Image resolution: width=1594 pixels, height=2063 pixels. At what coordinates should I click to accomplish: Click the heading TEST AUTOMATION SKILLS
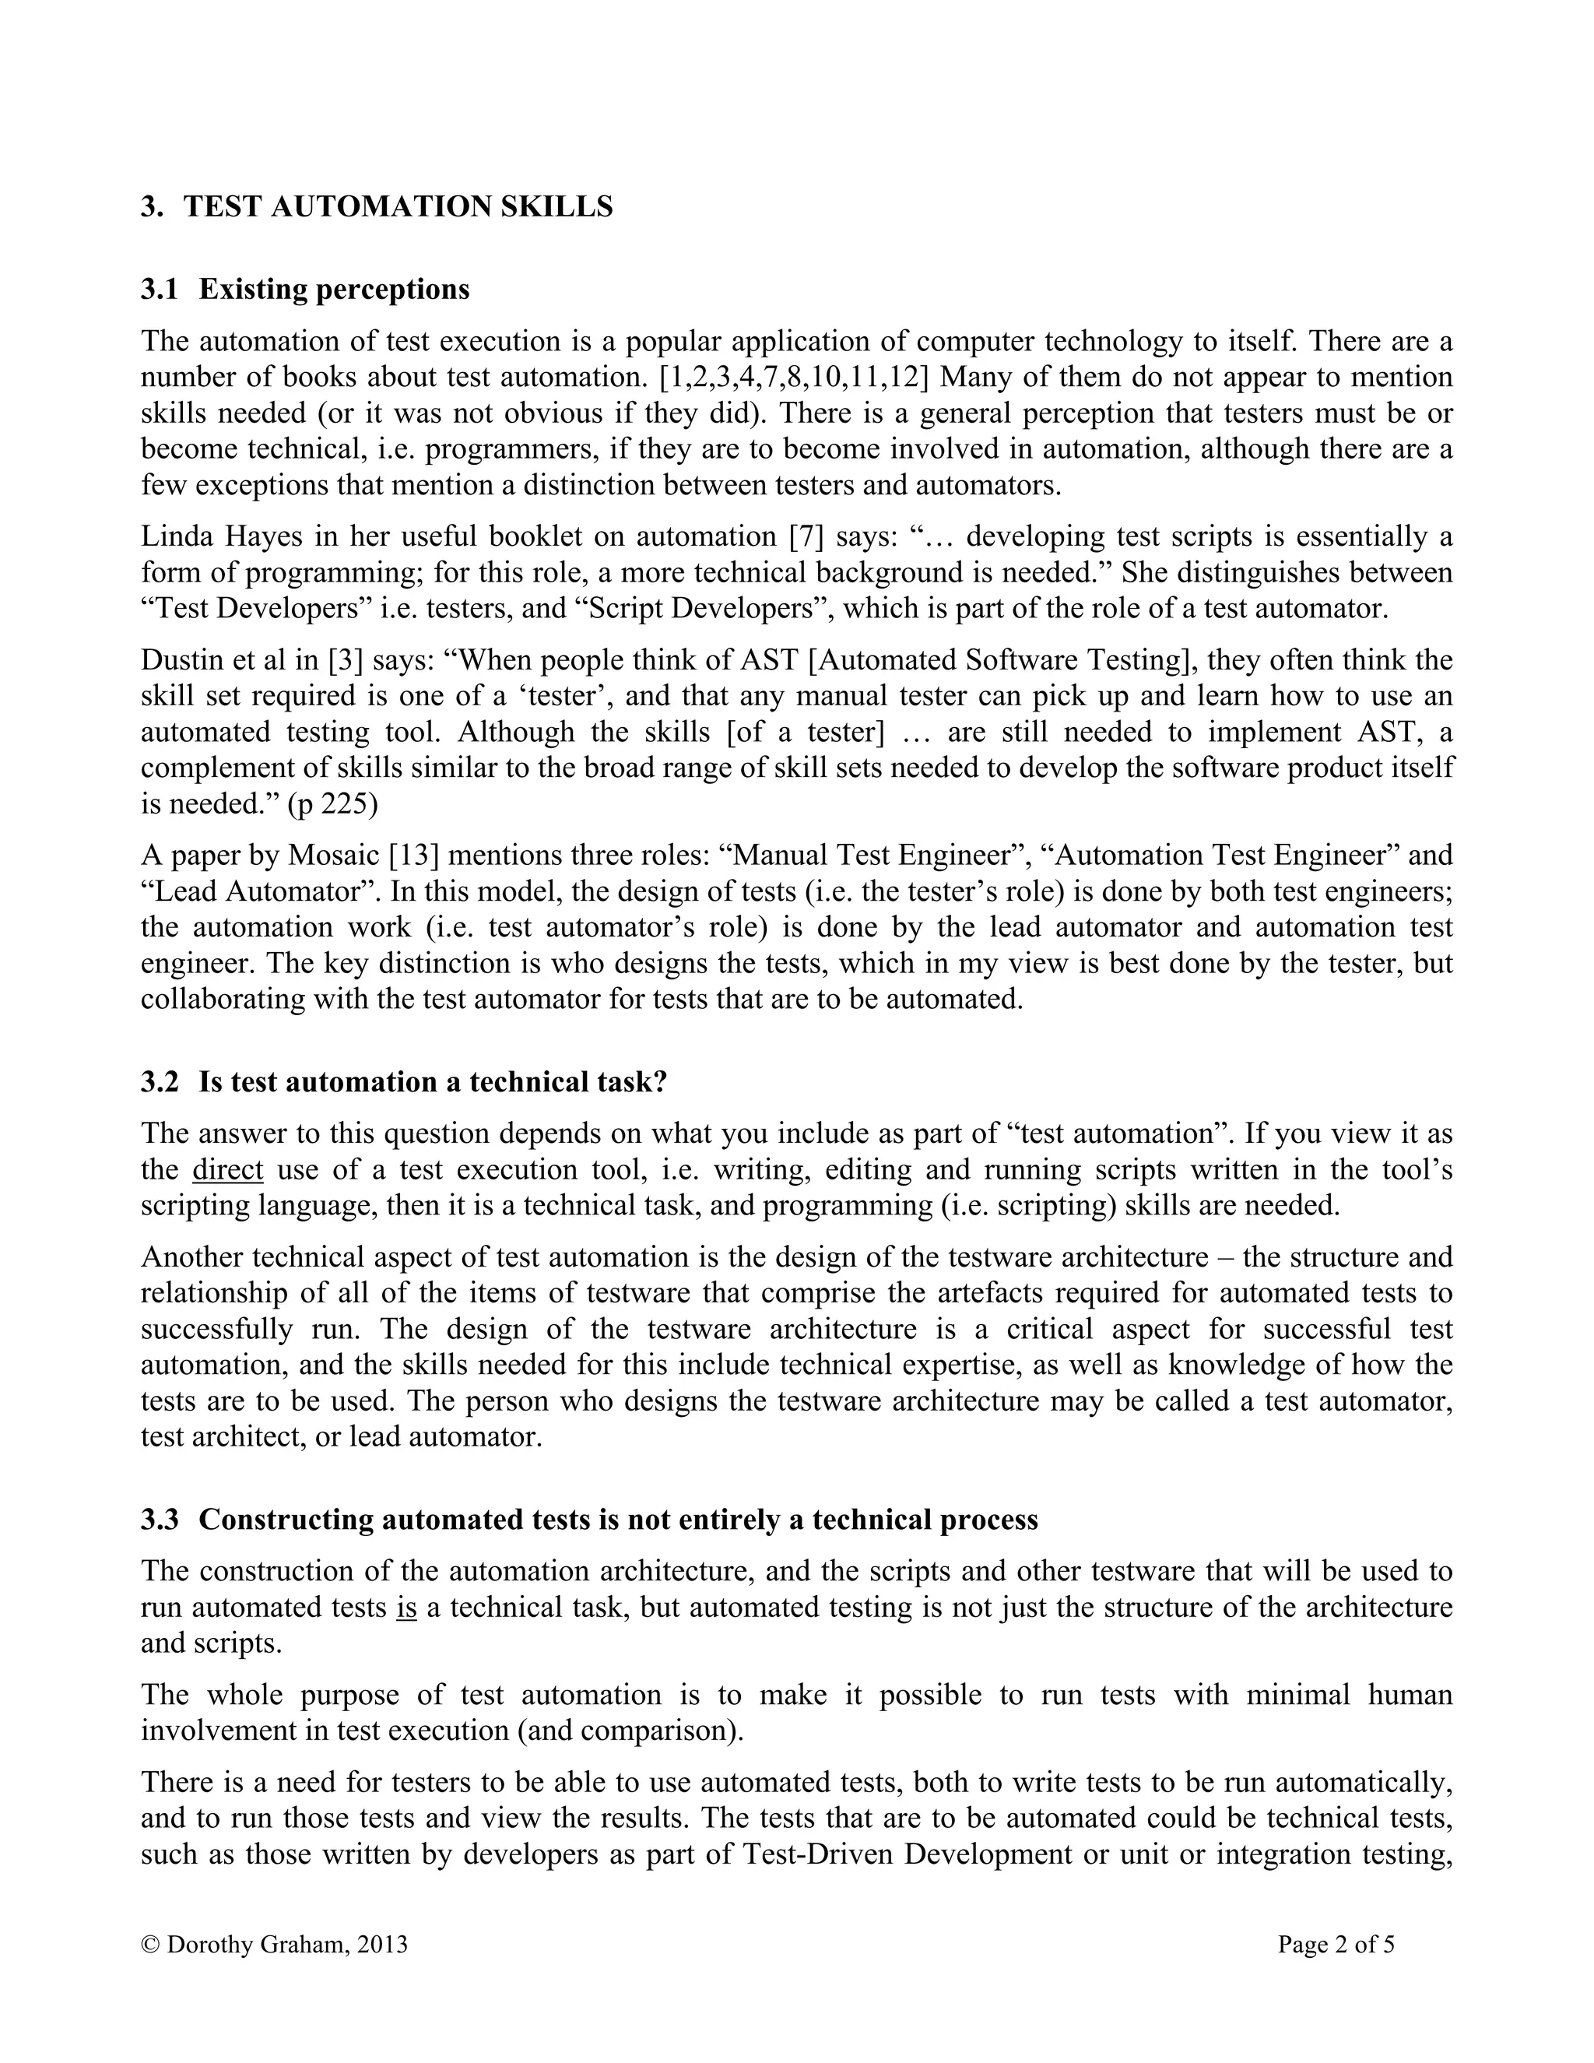[398, 206]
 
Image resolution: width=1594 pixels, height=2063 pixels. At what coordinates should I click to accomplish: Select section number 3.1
[160, 289]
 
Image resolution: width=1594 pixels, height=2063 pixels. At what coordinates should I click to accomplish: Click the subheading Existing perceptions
[333, 289]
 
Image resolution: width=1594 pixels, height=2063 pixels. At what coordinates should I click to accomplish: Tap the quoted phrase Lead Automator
[261, 891]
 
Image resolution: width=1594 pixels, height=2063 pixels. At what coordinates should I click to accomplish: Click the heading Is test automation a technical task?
[433, 1081]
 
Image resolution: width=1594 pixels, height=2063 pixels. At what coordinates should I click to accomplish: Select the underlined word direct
[227, 1169]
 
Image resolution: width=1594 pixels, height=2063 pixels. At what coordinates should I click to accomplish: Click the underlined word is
[407, 1607]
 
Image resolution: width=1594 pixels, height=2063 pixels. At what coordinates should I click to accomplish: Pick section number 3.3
[160, 1519]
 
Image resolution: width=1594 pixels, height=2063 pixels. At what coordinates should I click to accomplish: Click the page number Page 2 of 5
[1336, 1944]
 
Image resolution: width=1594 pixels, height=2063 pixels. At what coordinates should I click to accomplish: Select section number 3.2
[160, 1081]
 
